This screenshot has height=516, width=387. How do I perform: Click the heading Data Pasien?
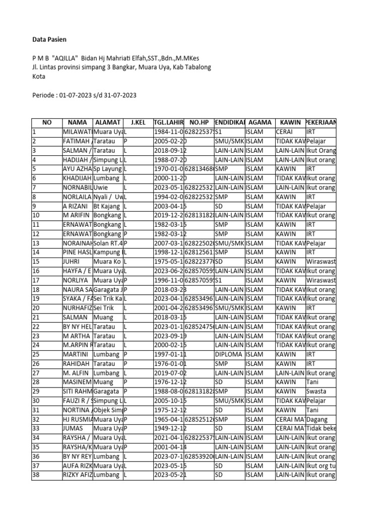(49, 39)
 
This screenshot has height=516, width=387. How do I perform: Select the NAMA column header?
(77, 122)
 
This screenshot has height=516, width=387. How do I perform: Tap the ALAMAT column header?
(107, 122)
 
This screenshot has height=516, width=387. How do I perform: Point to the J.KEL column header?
(138, 122)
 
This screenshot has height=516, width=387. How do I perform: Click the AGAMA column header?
(260, 122)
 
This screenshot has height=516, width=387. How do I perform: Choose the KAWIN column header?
(290, 122)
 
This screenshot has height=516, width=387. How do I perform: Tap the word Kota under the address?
(39, 77)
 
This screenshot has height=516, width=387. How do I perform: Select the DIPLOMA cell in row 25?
(229, 355)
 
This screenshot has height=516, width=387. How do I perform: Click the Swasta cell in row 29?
(316, 392)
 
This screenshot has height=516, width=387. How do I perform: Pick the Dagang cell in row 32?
(317, 419)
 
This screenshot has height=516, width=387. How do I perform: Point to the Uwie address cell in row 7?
(102, 187)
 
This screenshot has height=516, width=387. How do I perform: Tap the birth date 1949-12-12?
(170, 428)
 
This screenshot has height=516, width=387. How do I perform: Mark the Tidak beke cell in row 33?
(320, 428)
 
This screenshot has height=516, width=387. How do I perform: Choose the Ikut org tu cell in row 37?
(320, 466)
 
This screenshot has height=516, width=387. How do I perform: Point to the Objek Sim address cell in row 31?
(108, 410)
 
